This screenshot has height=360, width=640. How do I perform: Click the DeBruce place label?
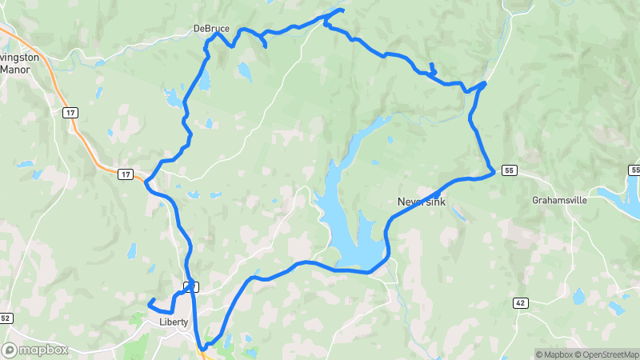pos(211,29)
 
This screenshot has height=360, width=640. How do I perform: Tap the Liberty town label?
pos(174,322)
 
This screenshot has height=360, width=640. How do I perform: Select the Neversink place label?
pos(422,202)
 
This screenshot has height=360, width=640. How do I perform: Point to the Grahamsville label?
pos(561,200)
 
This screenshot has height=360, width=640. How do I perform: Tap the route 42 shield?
pos(520,302)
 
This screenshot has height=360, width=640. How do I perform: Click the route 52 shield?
pos(6,318)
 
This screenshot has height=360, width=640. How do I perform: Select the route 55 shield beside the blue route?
pos(509,170)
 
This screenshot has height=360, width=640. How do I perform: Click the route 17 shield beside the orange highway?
pos(125,174)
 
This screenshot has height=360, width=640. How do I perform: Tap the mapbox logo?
pos(35,350)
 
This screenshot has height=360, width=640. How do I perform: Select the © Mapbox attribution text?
pos(555,354)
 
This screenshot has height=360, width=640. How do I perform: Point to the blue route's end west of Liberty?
pos(150,302)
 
